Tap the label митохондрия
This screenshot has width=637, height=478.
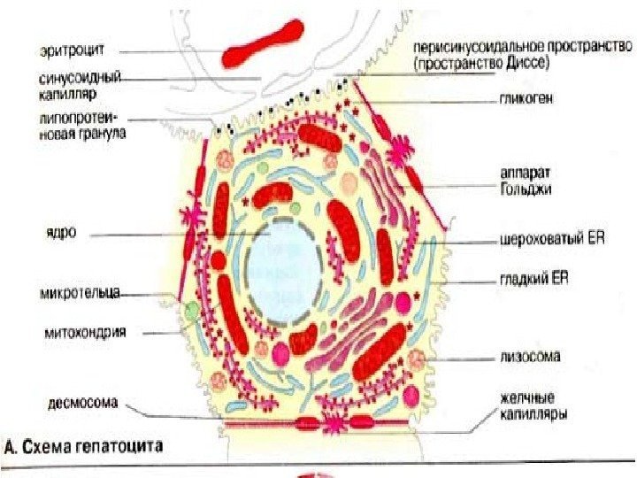pyautogui.click(x=84, y=334)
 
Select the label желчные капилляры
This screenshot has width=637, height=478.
pyautogui.click(x=526, y=406)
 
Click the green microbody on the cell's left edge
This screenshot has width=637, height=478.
pyautogui.click(x=192, y=311)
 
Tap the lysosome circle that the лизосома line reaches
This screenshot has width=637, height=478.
pyautogui.click(x=415, y=358)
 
